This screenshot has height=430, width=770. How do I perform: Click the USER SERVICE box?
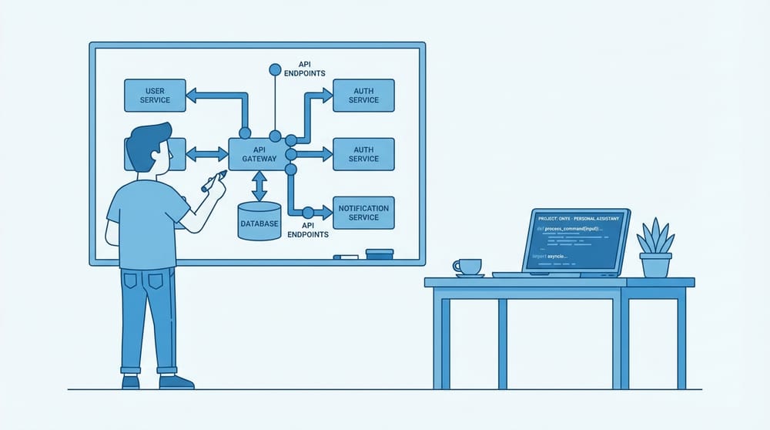(x=155, y=95)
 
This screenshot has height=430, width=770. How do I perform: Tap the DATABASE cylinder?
(x=259, y=222)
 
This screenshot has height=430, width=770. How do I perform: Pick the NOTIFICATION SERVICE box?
(x=363, y=213)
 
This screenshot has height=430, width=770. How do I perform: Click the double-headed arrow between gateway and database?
(x=259, y=186)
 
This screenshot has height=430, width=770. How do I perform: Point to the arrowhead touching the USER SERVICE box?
(x=192, y=95)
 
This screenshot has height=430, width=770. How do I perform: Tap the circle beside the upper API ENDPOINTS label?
(x=274, y=70)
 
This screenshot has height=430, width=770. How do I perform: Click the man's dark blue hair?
(x=147, y=143)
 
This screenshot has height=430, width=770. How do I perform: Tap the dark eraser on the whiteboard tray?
(x=380, y=253)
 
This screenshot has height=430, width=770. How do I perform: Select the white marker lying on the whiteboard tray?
(x=346, y=256)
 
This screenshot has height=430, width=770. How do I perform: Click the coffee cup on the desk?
(x=467, y=267)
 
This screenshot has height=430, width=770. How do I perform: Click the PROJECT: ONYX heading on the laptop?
(x=577, y=218)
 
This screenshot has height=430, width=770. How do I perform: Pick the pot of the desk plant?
(x=655, y=265)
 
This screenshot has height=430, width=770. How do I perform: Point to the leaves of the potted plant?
(x=655, y=236)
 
